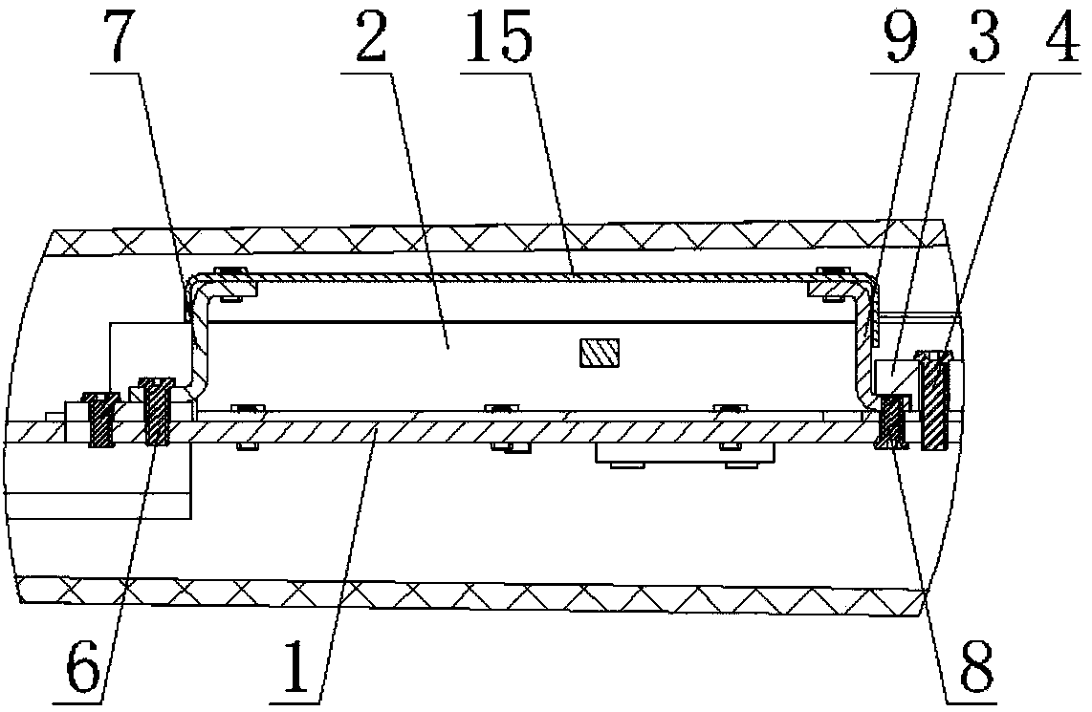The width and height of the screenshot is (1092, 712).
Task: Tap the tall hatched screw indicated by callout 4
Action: (x=933, y=401)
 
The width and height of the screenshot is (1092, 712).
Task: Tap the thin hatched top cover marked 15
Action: (x=535, y=276)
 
